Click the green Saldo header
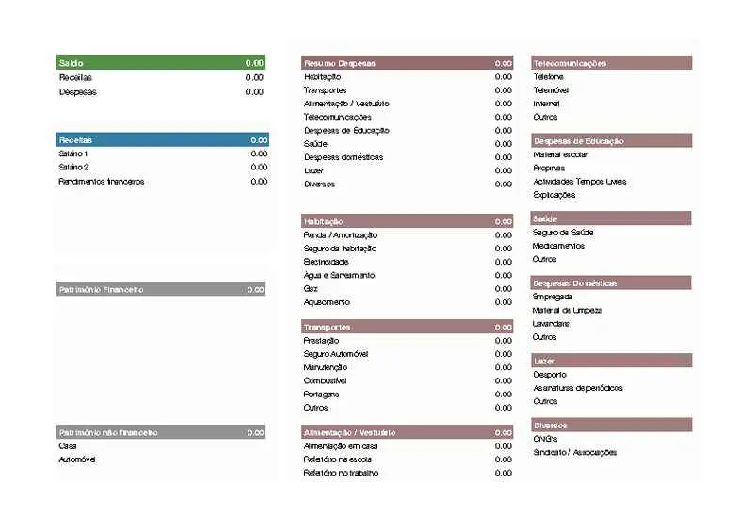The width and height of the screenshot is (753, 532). click(160, 62)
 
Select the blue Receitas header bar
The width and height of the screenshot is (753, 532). click(160, 139)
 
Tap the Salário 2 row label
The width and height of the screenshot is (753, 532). click(73, 167)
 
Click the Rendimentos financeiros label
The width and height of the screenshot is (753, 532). click(102, 181)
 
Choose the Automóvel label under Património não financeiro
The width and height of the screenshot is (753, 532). click(78, 459)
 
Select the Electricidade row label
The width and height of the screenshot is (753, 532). click(327, 262)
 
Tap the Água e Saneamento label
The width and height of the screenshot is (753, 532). click(339, 275)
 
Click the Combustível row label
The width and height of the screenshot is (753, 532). click(326, 380)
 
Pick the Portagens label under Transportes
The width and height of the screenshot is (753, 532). click(322, 394)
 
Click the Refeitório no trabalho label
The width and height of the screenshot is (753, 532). click(341, 473)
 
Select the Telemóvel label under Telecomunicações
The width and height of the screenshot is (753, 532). click(551, 90)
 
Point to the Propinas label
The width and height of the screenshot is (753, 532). click(549, 168)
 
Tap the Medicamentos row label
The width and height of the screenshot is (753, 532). click(558, 246)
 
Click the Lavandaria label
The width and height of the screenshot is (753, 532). click(553, 323)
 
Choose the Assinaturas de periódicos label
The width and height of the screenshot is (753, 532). click(578, 388)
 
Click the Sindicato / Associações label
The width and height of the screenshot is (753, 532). click(575, 452)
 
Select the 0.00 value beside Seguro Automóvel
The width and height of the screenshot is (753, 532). click(504, 354)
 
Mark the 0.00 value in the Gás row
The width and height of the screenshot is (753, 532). click(504, 289)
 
